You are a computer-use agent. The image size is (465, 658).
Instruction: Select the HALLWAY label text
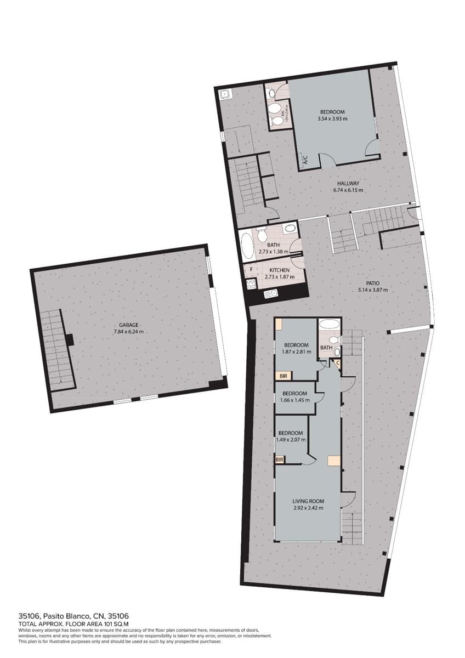click(348, 184)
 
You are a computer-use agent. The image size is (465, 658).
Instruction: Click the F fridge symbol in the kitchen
click(251, 270)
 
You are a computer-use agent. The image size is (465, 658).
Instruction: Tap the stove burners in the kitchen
click(252, 284)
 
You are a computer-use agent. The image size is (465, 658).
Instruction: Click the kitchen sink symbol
click(270, 294)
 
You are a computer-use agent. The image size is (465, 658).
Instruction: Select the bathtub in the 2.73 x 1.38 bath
click(247, 245)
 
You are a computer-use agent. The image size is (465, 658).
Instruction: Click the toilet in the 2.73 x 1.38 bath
click(262, 235)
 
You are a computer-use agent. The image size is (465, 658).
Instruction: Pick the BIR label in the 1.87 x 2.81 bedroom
click(283, 376)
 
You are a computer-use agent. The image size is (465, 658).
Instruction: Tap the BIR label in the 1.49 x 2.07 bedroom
click(280, 460)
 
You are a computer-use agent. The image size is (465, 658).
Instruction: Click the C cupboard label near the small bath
click(338, 363)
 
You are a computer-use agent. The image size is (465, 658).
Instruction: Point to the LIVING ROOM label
click(308, 501)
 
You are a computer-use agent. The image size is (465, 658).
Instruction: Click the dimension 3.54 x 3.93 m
click(332, 118)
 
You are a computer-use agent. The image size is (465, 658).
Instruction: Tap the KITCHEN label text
click(279, 270)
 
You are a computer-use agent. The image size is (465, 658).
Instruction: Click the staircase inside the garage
click(56, 348)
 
